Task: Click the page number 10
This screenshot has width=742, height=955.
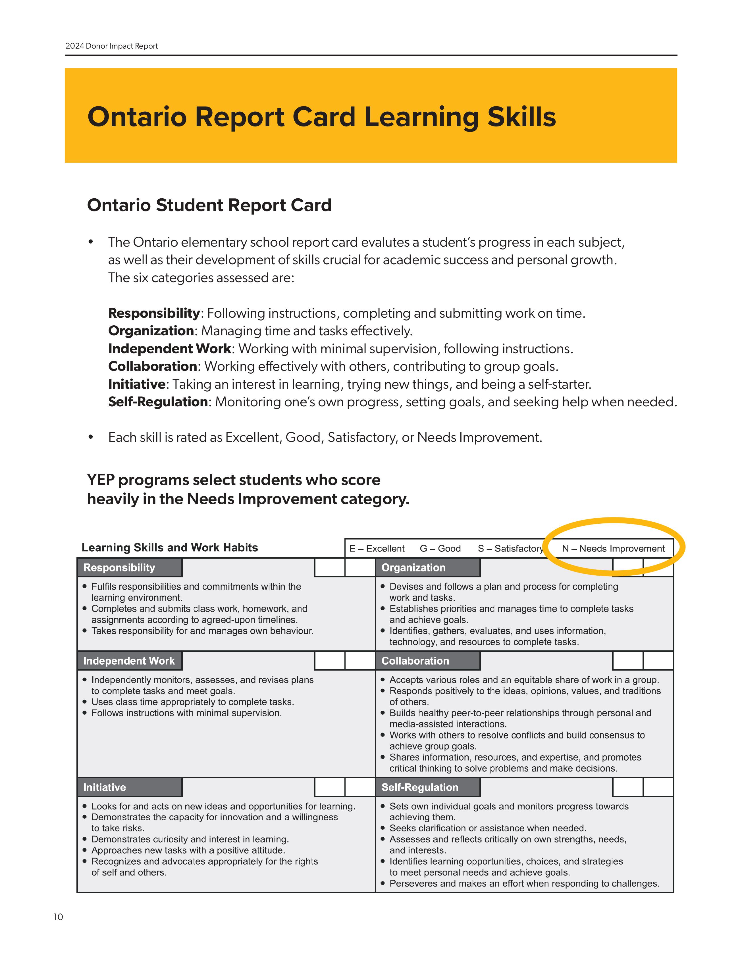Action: pyautogui.click(x=58, y=917)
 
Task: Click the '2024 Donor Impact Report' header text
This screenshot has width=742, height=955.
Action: pyautogui.click(x=111, y=46)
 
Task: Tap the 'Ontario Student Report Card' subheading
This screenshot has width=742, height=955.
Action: pyautogui.click(x=209, y=205)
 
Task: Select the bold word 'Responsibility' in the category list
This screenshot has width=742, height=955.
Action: pyautogui.click(x=154, y=313)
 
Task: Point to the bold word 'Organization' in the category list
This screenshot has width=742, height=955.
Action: pyautogui.click(x=151, y=331)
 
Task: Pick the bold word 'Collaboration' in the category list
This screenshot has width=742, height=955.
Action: pyautogui.click(x=153, y=367)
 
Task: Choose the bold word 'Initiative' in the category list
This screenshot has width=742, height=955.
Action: pyautogui.click(x=136, y=384)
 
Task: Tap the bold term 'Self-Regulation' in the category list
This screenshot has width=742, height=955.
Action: pyautogui.click(x=158, y=402)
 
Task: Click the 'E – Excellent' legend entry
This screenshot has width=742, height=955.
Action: pyautogui.click(x=377, y=548)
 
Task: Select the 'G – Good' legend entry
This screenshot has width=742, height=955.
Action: pyautogui.click(x=440, y=548)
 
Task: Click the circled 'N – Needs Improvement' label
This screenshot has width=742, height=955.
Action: pyautogui.click(x=613, y=548)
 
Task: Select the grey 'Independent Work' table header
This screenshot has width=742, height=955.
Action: pyautogui.click(x=129, y=661)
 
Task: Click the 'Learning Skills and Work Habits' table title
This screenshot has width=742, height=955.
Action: pyautogui.click(x=170, y=548)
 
